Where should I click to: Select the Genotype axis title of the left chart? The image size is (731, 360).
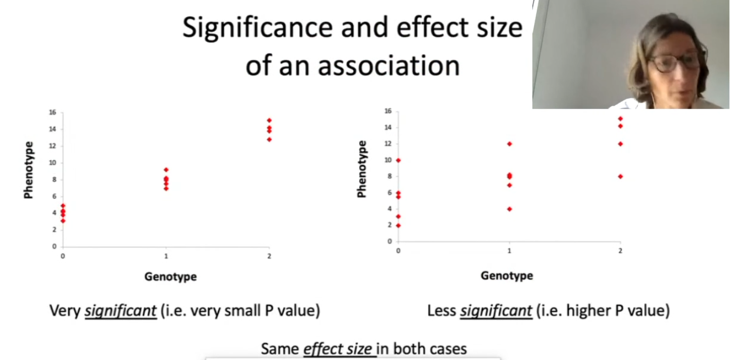(171, 276)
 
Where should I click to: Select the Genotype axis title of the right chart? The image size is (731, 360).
(507, 275)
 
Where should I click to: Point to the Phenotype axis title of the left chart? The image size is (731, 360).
(29, 170)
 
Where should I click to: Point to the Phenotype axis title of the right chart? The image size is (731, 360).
(362, 169)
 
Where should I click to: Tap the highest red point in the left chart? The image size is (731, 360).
(269, 120)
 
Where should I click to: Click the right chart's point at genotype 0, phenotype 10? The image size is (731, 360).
(399, 160)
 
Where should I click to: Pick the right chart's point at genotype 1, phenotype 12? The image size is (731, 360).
(509, 144)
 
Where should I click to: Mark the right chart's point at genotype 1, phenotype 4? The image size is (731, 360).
(509, 209)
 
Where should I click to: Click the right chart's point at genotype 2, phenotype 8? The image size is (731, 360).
(620, 177)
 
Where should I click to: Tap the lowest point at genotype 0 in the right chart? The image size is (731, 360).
(399, 225)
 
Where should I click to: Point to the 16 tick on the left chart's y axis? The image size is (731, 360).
(52, 112)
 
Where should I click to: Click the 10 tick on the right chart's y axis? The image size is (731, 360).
(388, 160)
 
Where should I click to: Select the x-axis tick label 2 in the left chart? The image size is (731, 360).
(269, 256)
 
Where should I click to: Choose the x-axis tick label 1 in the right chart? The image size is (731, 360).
(509, 251)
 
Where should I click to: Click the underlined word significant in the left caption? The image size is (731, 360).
(121, 311)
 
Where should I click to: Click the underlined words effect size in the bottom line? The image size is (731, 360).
(338, 349)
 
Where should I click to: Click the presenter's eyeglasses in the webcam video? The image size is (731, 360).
(675, 62)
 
